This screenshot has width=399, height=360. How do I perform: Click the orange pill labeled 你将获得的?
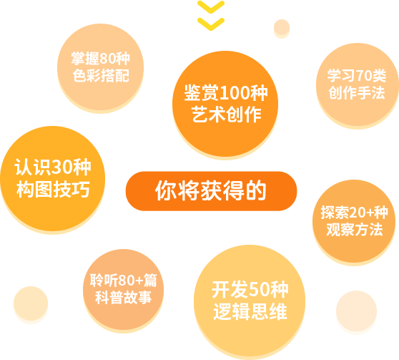211,191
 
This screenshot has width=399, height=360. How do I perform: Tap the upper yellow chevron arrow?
211,7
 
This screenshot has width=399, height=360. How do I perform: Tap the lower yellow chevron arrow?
211,24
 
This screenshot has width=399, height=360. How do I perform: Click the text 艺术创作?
226,114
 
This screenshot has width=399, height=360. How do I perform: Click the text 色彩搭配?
101,75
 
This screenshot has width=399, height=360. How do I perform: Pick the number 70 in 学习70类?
364,76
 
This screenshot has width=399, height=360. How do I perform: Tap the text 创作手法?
357,92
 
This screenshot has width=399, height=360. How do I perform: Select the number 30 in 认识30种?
61,167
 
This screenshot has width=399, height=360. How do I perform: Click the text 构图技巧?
53,189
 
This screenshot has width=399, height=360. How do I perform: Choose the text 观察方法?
355,229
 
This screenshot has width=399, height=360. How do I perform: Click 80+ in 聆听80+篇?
131,281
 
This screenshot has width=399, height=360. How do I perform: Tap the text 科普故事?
124,297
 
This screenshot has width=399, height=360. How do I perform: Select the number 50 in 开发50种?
260,290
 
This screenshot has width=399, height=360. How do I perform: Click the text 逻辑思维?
250,311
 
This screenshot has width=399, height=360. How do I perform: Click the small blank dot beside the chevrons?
282,28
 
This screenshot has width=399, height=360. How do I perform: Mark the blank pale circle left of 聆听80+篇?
31,303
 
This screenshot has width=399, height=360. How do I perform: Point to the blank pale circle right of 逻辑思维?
356,311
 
